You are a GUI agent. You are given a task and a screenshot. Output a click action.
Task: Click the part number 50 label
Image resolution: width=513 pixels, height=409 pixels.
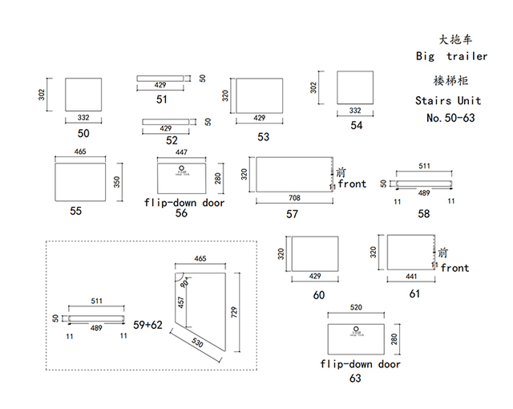[x=83, y=133]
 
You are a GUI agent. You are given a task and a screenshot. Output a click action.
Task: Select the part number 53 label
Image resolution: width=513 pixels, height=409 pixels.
[x=264, y=136]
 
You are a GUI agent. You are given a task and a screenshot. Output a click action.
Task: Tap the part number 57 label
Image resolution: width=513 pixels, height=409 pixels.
[x=292, y=213]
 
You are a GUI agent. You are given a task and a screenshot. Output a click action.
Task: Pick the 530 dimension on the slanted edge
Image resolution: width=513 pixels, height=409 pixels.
[x=199, y=342]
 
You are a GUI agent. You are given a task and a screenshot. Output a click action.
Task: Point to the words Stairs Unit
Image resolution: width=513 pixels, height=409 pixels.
[x=448, y=101]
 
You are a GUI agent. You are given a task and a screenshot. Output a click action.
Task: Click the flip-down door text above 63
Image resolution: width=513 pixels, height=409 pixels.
[x=360, y=364]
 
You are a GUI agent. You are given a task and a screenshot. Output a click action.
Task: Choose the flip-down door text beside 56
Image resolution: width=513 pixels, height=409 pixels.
[x=184, y=203]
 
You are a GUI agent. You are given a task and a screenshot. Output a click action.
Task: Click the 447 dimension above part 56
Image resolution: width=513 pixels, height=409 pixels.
[x=181, y=152]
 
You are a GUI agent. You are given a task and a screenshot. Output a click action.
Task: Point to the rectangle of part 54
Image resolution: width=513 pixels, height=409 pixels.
[x=355, y=87]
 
